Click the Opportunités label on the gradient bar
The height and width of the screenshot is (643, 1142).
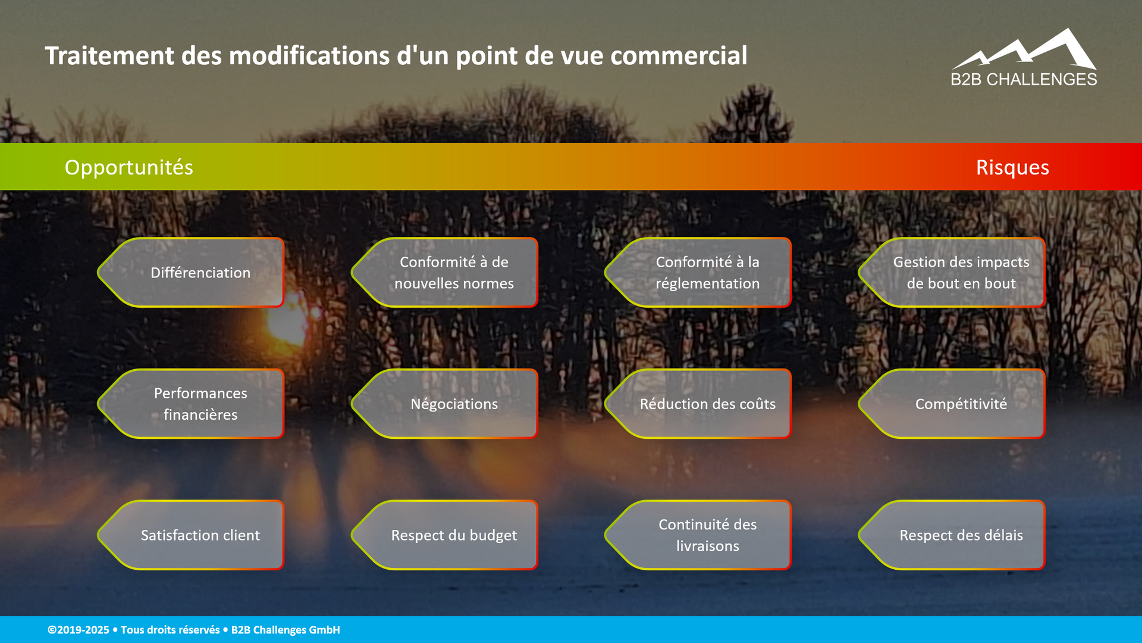point(128,167)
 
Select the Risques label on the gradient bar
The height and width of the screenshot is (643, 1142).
point(1012,167)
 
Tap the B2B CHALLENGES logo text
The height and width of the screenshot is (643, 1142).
point(1024,80)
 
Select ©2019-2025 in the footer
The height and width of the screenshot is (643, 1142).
point(79,630)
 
